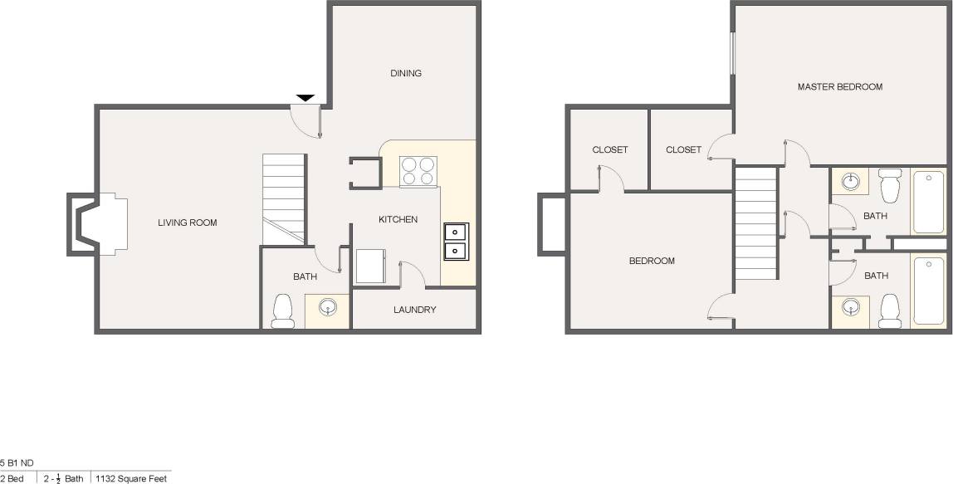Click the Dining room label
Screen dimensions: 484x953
pos(406,73)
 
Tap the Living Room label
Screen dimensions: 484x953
pos(188,222)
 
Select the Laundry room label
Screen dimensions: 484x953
pos(415,310)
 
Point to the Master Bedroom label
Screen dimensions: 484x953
pos(839,86)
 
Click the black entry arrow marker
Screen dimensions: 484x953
pos(305,98)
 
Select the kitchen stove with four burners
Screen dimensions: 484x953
pos(418,171)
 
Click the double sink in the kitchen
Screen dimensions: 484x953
pos(455,241)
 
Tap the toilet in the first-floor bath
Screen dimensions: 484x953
pos(283,310)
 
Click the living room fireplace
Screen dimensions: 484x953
pos(97,223)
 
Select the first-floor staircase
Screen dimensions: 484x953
pos(284,199)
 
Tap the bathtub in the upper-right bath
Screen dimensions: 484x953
pos(928,202)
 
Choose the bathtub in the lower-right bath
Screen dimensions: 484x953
pos(928,291)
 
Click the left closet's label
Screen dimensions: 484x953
pos(610,150)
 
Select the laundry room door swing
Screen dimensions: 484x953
pos(412,273)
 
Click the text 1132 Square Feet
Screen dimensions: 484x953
pos(131,478)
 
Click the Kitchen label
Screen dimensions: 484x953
pos(398,219)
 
